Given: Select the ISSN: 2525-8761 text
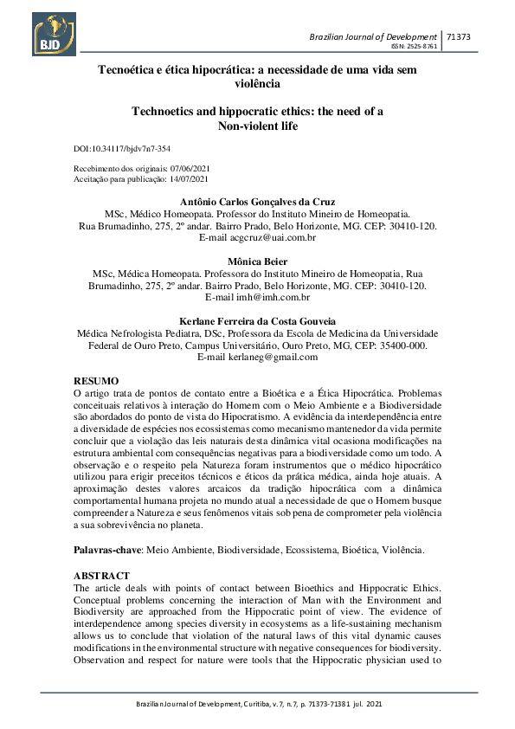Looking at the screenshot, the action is [415, 47].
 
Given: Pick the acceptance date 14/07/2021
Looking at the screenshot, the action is [189, 179].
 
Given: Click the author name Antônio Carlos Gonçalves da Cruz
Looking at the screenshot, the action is [257, 202].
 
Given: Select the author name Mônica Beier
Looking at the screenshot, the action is [257, 261].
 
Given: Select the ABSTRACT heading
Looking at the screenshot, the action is [102, 576].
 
